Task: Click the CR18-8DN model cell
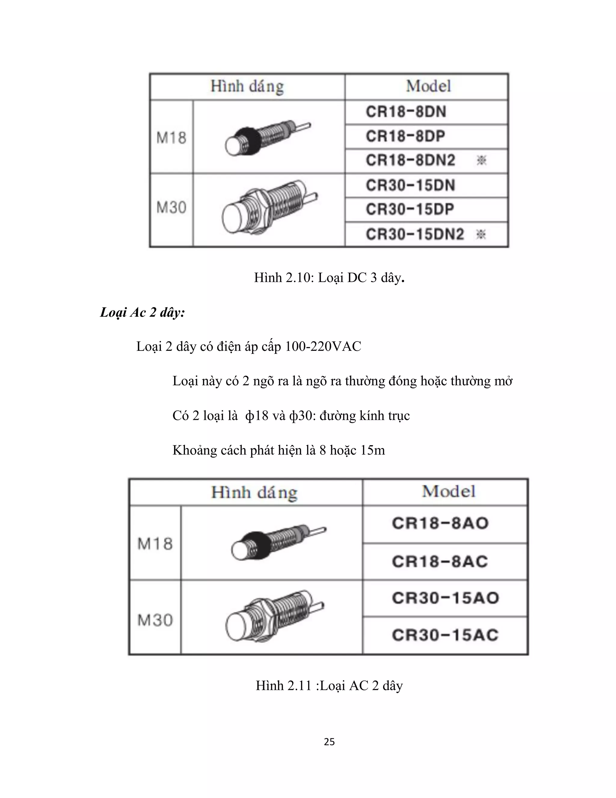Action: point(406,112)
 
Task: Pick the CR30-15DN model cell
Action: point(411,185)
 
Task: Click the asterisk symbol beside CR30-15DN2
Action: point(481,234)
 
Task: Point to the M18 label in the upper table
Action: point(171,138)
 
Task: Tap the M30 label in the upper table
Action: point(171,207)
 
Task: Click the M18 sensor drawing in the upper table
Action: point(267,139)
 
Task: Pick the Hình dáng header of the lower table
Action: point(254,493)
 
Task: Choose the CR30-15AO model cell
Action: point(445,598)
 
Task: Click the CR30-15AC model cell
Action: point(445,635)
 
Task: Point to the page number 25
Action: point(329,741)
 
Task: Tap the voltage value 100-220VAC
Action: point(323,346)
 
